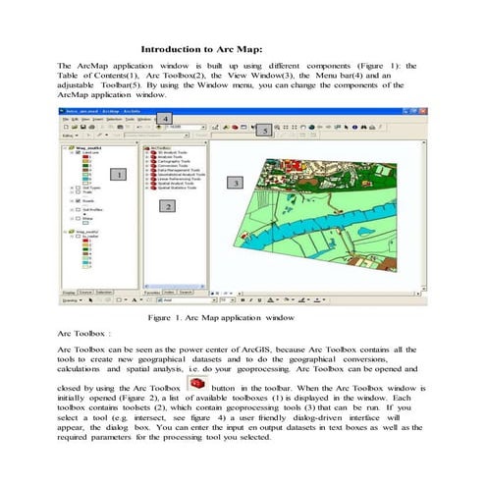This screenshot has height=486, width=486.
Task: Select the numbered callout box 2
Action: click(168, 206)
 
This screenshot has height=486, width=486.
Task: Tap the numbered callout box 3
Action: click(235, 183)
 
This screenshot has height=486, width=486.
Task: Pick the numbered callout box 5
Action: click(262, 131)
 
